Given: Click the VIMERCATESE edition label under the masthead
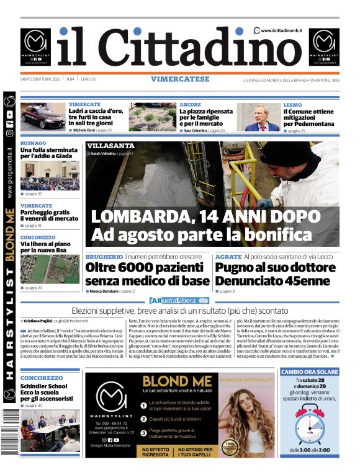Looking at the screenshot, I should tap(179, 79).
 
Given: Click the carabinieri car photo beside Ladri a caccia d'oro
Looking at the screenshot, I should tap(43, 117).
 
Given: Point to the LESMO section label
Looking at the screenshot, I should tap(292, 104).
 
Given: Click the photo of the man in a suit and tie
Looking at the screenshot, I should tap(259, 117).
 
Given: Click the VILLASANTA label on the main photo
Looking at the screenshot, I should tap(111, 146).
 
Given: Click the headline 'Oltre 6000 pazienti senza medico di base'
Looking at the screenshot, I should tap(147, 275).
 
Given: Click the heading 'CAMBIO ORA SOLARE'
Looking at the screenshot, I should tap(310, 372).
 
